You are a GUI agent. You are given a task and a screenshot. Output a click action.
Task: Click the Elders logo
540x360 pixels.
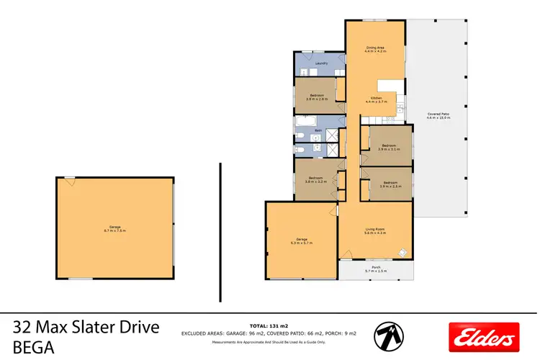pyautogui.click(x=483, y=336)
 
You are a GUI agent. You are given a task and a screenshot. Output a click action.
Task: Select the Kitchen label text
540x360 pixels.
pyautogui.click(x=376, y=99)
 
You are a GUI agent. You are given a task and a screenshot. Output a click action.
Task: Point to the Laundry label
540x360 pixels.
pyautogui.click(x=321, y=63)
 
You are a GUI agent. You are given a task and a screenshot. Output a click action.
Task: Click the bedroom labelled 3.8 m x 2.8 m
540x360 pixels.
pyautogui.click(x=317, y=97)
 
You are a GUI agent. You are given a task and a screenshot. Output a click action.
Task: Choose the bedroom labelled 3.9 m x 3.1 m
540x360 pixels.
pyautogui.click(x=388, y=147)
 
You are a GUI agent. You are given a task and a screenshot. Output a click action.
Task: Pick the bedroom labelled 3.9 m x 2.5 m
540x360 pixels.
pyautogui.click(x=390, y=184)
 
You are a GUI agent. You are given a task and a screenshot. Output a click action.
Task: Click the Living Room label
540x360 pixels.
pyautogui.click(x=375, y=231)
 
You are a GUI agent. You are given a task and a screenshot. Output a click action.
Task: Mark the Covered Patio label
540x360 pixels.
pyautogui.click(x=438, y=115)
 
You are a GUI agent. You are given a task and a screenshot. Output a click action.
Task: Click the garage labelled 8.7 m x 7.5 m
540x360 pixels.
pyautogui.click(x=114, y=229)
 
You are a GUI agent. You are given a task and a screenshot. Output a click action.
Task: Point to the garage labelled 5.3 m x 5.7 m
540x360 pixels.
pyautogui.click(x=301, y=240)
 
